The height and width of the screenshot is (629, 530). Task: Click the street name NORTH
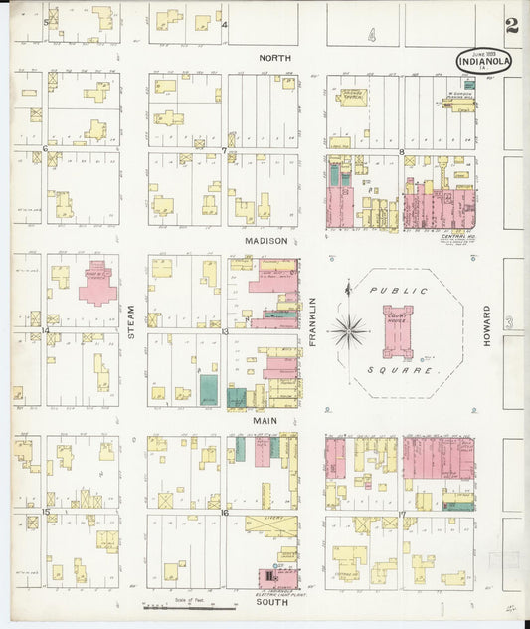[x=275, y=58]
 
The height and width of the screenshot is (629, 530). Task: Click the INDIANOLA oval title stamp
[x=484, y=60]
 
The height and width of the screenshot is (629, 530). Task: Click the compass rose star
[x=348, y=329]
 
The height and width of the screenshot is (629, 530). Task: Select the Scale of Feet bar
[x=189, y=605]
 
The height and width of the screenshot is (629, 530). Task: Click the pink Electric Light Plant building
[x=268, y=576]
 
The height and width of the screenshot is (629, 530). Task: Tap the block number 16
[x=225, y=513]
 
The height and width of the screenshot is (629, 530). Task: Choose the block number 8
[x=402, y=152]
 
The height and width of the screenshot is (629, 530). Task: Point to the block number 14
[x=45, y=330]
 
